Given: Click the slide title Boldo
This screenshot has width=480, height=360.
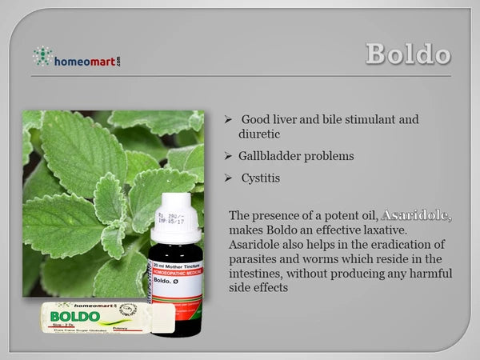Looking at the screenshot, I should point(408,54).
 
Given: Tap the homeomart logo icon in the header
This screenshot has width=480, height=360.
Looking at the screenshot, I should point(42,56).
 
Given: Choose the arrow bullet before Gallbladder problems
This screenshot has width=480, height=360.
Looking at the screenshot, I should point(228,157).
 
